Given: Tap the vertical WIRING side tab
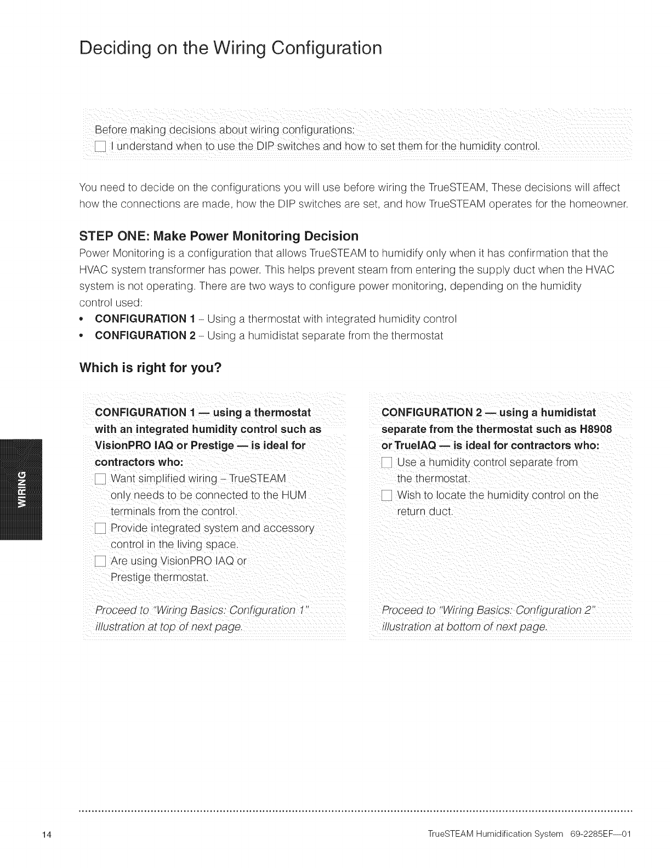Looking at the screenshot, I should pyautogui.click(x=22, y=489).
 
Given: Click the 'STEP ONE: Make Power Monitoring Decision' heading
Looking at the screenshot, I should pyautogui.click(x=219, y=236).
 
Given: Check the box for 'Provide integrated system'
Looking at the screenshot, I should pyautogui.click(x=100, y=529).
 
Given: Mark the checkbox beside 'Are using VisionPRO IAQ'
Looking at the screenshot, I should pyautogui.click(x=100, y=562).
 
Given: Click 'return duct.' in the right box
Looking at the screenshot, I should pyautogui.click(x=425, y=512).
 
